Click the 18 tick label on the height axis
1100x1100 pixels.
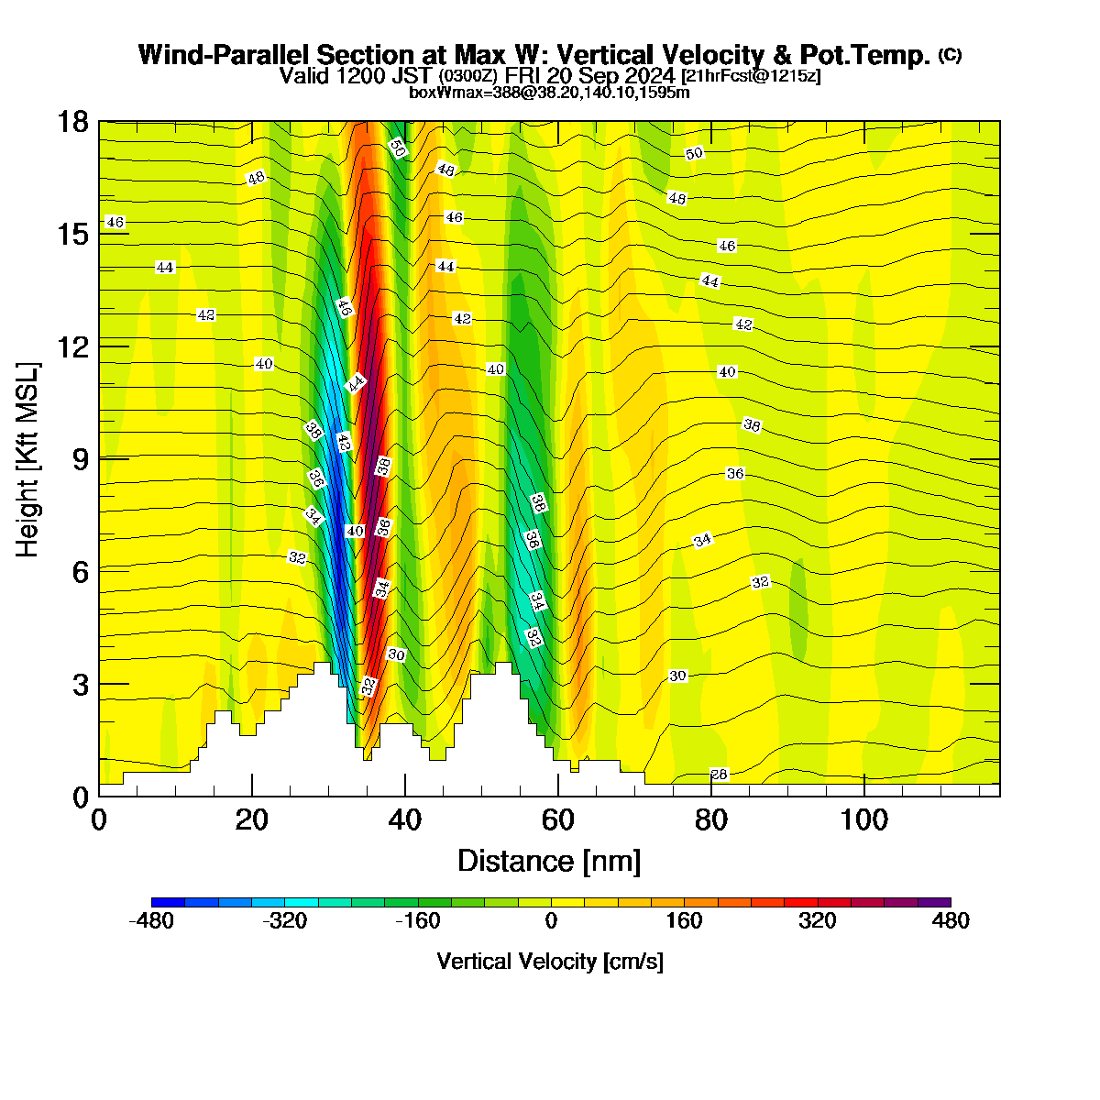coord(73,122)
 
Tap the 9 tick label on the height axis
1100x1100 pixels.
coord(81,459)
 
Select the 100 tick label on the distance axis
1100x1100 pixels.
coord(863,820)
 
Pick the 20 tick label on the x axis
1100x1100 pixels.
coord(252,820)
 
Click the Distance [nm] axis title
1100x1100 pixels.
coord(549,861)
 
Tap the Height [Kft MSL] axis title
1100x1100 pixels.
coord(27,459)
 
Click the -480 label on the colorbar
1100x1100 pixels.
coord(151,920)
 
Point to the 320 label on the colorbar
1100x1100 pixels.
coord(818,920)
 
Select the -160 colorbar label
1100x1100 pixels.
coord(418,920)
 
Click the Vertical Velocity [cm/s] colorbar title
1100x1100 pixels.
coord(550,962)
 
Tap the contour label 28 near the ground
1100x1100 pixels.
coord(719,774)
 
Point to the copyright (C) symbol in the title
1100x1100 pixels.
coord(950,55)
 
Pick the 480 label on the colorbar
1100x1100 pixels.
coord(951,920)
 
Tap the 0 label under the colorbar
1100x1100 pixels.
coord(551,920)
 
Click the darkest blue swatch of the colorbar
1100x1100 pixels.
coord(168,903)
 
